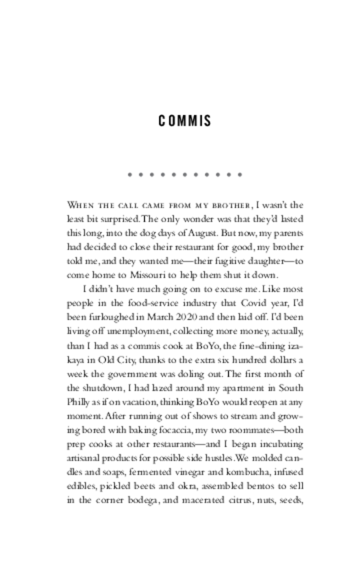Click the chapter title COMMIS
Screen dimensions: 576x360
click(184, 121)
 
